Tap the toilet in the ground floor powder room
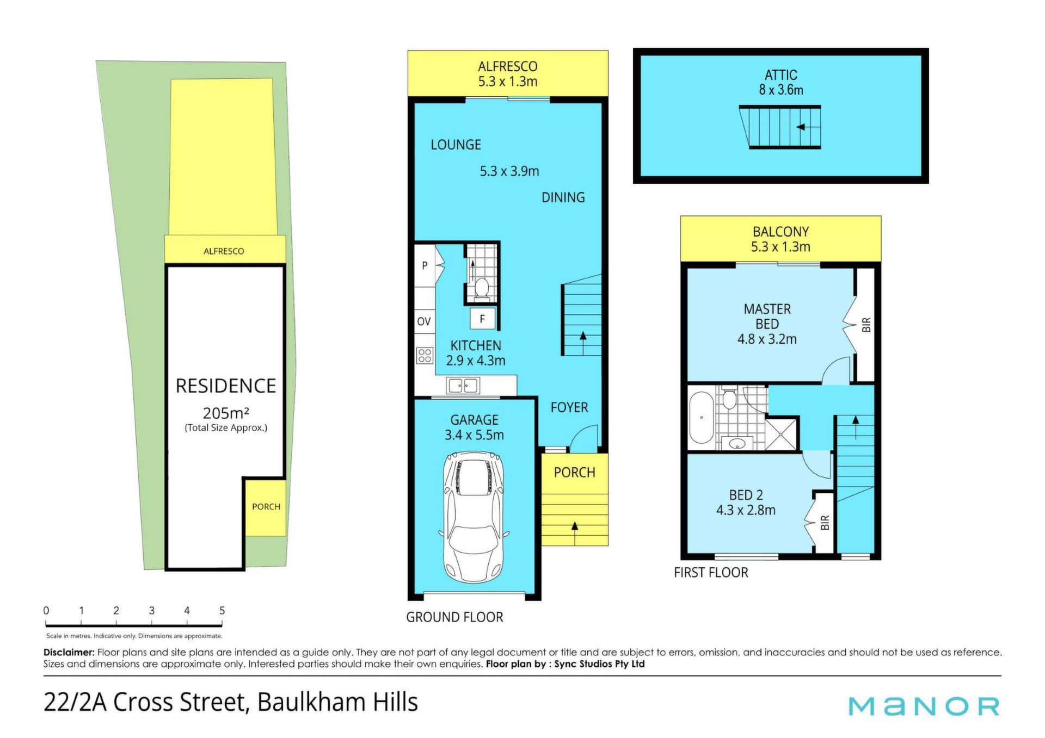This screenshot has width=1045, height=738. point(482,288)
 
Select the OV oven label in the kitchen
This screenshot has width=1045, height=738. point(424,321)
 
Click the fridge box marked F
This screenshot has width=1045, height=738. point(482,319)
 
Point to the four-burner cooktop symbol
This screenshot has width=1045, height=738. point(425,356)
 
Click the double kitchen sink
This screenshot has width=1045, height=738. point(463,386)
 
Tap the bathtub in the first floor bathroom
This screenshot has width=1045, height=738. point(701,418)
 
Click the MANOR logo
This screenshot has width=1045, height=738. point(924,706)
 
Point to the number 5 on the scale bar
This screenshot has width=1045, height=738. point(222,611)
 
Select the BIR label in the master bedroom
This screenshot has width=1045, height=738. point(866,325)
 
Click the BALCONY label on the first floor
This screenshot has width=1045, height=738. point(780,232)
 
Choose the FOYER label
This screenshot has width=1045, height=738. point(569,407)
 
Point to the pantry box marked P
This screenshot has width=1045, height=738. point(425,265)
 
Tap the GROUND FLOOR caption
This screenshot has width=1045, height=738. point(454,617)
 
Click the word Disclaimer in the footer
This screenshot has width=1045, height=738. point(69,652)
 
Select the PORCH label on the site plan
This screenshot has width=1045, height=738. point(266,507)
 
